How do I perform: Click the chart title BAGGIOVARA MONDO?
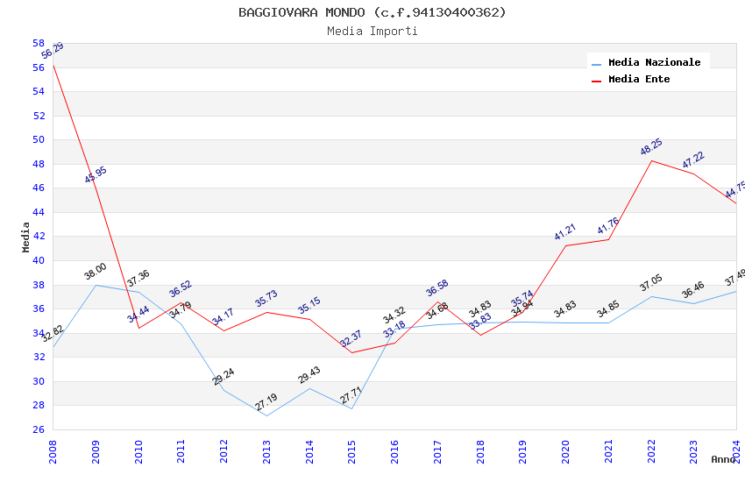(x=372, y=12)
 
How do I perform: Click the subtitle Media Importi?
(x=372, y=31)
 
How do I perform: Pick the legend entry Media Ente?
(x=639, y=79)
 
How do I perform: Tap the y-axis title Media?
(x=26, y=237)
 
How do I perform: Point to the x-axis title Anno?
(x=723, y=459)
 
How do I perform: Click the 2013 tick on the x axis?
(x=266, y=446)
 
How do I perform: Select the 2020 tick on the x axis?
(x=565, y=446)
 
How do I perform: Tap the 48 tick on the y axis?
(x=39, y=164)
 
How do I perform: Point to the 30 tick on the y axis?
(x=39, y=381)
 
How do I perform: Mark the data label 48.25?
(x=651, y=146)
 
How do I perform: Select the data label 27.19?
(x=266, y=402)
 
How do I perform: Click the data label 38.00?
(x=96, y=272)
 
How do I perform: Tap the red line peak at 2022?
(x=651, y=160)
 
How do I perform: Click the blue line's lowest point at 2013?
(x=266, y=415)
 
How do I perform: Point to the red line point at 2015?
(x=352, y=352)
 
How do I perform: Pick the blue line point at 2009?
(x=96, y=285)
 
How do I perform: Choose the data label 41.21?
(x=565, y=231)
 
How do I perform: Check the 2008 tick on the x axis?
(x=53, y=446)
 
